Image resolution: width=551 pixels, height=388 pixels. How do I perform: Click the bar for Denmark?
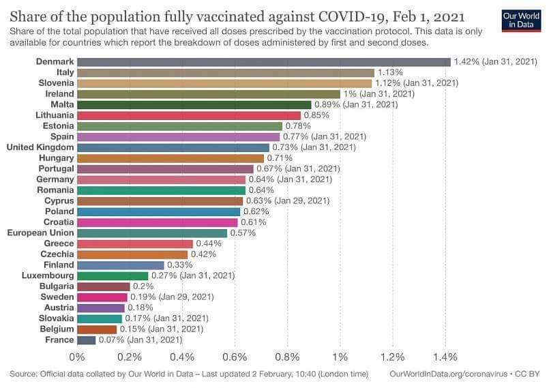click(263, 62)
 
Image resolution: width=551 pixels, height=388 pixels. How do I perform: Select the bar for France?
click(86, 340)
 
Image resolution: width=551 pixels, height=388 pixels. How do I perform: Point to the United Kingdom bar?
click(173, 147)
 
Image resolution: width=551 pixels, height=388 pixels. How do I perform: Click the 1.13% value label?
click(391, 72)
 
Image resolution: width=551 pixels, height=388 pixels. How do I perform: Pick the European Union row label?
click(40, 233)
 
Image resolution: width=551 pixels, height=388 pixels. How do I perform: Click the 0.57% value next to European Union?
click(243, 233)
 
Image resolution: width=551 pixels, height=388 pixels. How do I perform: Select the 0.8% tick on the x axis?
click(288, 357)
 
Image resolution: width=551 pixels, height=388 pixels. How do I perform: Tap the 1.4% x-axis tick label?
click(445, 357)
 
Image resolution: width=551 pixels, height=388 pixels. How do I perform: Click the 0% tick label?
click(77, 357)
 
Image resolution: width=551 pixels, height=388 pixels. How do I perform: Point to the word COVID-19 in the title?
click(341, 15)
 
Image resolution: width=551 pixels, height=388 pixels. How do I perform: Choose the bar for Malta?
click(194, 104)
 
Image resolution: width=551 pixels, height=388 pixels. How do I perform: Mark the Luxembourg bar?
click(113, 275)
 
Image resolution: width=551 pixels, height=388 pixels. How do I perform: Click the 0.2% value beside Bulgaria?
click(143, 286)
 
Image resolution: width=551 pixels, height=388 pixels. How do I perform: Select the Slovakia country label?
click(56, 318)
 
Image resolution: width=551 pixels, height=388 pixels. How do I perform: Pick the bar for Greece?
click(135, 243)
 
